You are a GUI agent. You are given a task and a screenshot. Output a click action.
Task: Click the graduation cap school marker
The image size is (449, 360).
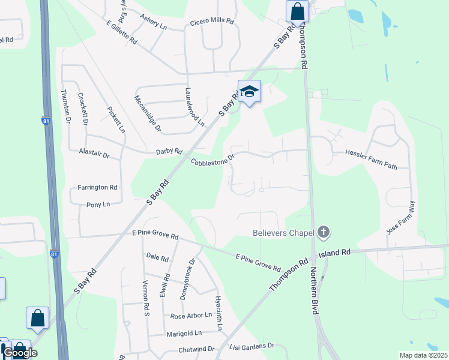pos(250,92)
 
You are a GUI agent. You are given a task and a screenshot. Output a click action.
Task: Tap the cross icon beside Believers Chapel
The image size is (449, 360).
pos(323,232)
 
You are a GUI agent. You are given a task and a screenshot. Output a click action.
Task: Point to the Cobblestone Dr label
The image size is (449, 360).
pos(212,161)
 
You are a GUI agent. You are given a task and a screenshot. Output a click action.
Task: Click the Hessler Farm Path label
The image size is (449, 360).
pos(372,153)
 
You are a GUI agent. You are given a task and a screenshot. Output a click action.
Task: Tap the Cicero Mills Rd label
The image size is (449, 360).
pos(212,20)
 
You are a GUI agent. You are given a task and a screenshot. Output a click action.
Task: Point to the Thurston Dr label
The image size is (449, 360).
pos(66,107)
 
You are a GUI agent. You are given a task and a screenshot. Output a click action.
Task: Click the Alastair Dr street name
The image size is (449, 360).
pos(94,155)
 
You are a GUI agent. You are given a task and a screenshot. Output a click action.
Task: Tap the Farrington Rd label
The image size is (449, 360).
pos(97,187)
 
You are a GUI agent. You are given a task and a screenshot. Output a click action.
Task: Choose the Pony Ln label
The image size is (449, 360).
pos(98,205)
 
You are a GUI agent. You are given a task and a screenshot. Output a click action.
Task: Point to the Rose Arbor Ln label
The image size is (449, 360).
pos(191,316)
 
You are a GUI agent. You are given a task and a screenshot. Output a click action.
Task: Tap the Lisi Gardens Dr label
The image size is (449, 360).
pos(252,346)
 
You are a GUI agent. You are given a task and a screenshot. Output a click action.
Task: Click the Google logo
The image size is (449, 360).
pos(20,353)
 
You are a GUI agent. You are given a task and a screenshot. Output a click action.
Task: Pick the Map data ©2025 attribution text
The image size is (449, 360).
pos(423,355)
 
